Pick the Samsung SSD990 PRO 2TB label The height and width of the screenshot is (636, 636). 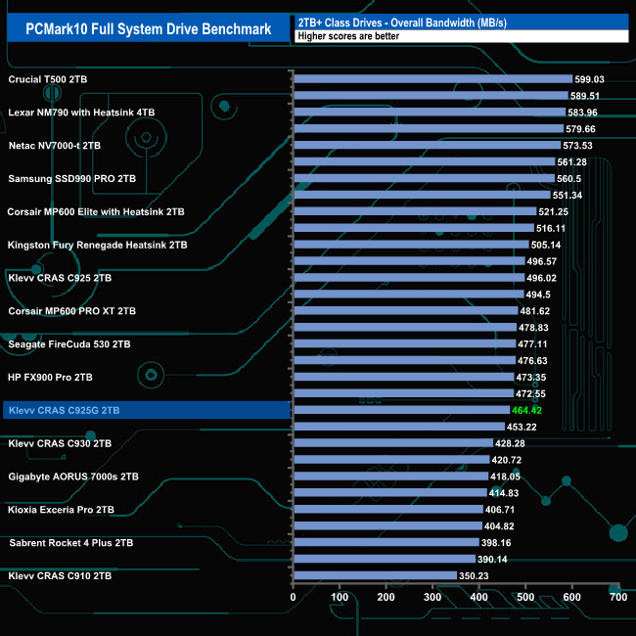coord(72,178)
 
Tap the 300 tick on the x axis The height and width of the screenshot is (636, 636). coord(432,597)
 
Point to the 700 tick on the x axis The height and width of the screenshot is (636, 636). coord(617,597)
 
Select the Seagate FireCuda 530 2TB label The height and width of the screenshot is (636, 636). coord(68,343)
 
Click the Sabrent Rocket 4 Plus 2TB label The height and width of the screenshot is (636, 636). coord(70,542)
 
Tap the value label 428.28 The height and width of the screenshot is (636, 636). coord(512,443)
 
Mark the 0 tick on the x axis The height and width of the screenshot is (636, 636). coord(294,597)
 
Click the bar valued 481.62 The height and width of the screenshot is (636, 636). coord(405,311)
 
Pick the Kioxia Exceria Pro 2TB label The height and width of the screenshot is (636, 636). coord(61,509)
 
